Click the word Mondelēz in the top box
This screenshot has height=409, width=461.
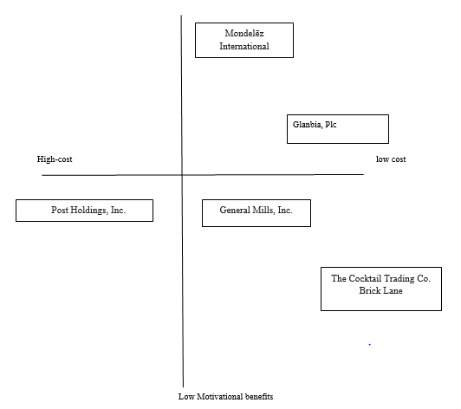[x=244, y=33]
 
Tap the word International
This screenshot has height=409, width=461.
[x=244, y=46]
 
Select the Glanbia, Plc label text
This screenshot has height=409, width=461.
[x=315, y=125]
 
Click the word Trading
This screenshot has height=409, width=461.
[x=399, y=279]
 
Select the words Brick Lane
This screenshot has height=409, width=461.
[x=380, y=290]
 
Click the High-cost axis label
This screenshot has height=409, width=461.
[x=55, y=159]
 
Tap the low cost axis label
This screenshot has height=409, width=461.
[x=391, y=159]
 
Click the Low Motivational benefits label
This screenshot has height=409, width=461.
[x=226, y=397]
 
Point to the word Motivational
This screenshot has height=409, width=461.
[x=219, y=397]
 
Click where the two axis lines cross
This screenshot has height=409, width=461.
[x=182, y=175]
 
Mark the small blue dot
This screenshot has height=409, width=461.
[x=369, y=344]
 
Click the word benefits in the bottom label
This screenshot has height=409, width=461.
[x=259, y=397]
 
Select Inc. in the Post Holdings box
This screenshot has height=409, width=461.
[x=118, y=210]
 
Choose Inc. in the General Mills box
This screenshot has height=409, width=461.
[x=285, y=210]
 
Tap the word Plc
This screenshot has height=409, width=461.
[x=331, y=125]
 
